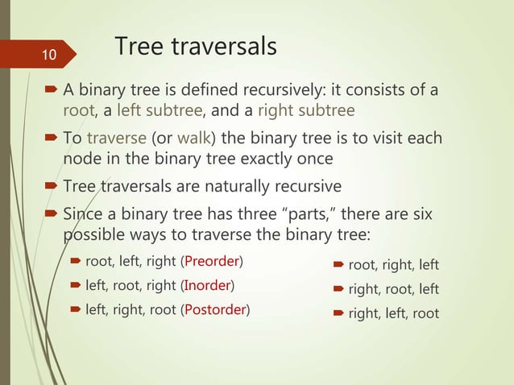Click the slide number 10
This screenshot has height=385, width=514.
[x=49, y=56]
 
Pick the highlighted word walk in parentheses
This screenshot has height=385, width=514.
[x=187, y=139]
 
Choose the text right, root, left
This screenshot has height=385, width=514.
[x=394, y=289]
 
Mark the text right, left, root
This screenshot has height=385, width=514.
[x=394, y=313]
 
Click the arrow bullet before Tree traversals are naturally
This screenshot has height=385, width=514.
[x=53, y=187]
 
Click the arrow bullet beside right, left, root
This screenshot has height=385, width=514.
[x=339, y=313]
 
